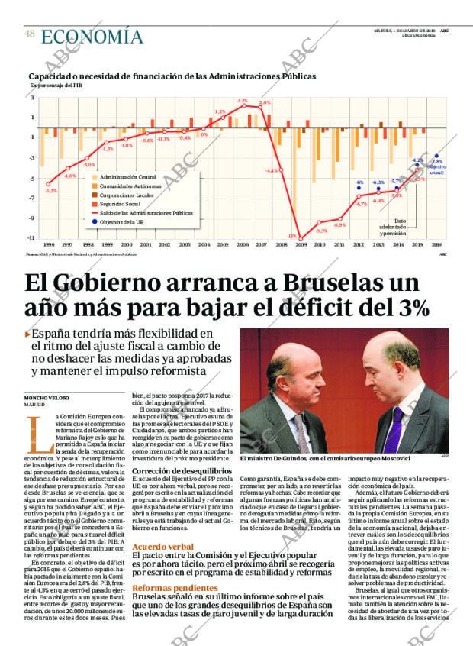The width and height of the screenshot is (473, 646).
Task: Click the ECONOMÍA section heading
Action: [x=92, y=37]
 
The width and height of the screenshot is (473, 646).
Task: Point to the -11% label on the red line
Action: [x=291, y=236]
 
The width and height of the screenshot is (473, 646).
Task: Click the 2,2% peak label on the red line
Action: [x=243, y=101]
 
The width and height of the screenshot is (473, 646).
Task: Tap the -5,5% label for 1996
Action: [x=51, y=190]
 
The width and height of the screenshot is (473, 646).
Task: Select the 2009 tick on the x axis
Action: [x=301, y=244]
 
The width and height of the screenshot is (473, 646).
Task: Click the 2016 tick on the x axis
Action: [x=436, y=244]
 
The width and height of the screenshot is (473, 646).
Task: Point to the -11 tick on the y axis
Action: [x=32, y=238]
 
